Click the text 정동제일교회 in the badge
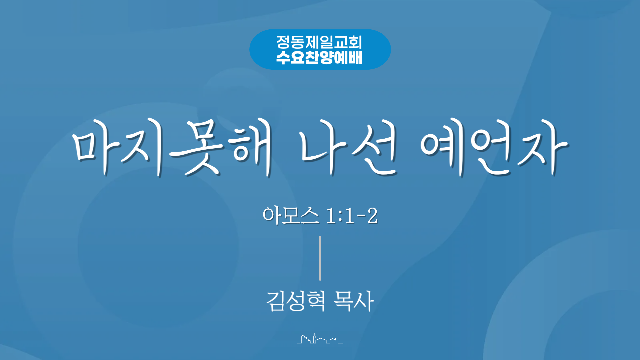pos(319,42)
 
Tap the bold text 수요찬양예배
pos(319,57)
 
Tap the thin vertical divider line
pos(320,258)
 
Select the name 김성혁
pos(295,301)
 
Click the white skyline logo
pos(320,338)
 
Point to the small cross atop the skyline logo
pos(314,334)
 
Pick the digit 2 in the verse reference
pos(373,216)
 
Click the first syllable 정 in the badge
pos(283,42)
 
